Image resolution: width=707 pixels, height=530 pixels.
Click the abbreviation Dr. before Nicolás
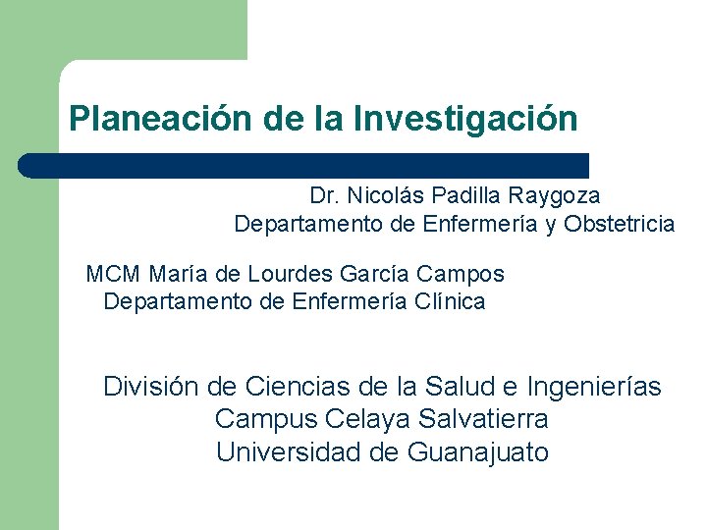tap(323, 196)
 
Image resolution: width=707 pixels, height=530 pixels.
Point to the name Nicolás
tap(378, 196)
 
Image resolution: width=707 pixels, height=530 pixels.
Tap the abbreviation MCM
tap(114, 273)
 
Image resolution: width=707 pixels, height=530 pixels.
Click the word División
tap(152, 386)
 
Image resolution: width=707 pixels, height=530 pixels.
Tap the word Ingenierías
tap(594, 387)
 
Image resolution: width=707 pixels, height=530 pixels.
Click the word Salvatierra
tap(483, 419)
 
